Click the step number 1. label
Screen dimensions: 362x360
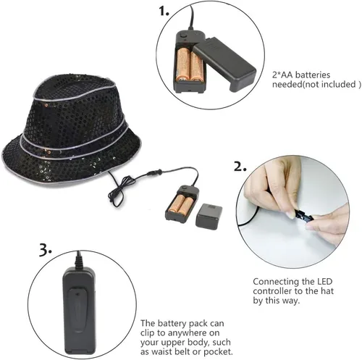pos(164,11)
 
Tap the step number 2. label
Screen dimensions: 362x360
pos(240,167)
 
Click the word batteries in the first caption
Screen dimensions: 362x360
pos(313,75)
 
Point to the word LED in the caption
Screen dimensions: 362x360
pos(324,282)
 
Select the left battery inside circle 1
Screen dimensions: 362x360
pos(182,64)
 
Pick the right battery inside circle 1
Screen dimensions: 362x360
pos(196,66)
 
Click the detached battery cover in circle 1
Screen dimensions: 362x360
pos(224,64)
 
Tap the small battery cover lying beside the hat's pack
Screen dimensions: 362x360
pos(209,216)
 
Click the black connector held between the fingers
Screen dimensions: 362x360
pos(303,216)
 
